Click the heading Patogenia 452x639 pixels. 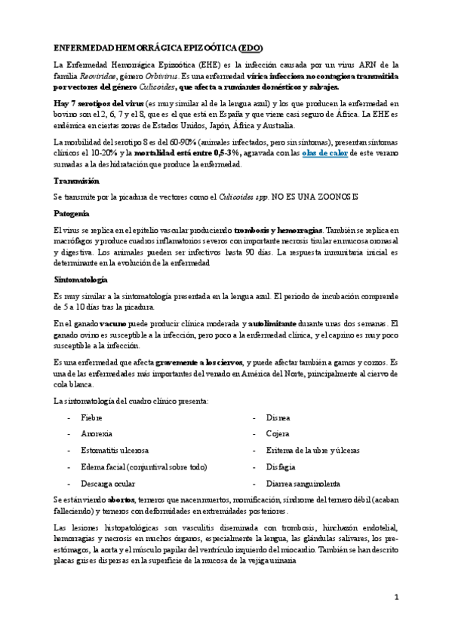[72, 213]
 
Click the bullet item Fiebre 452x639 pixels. [91, 417]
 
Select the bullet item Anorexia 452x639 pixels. [96, 433]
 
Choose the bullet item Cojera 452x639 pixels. [278, 433]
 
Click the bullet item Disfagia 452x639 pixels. [281, 466]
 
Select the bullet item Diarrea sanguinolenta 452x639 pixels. [303, 483]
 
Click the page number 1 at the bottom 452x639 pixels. [396, 597]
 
